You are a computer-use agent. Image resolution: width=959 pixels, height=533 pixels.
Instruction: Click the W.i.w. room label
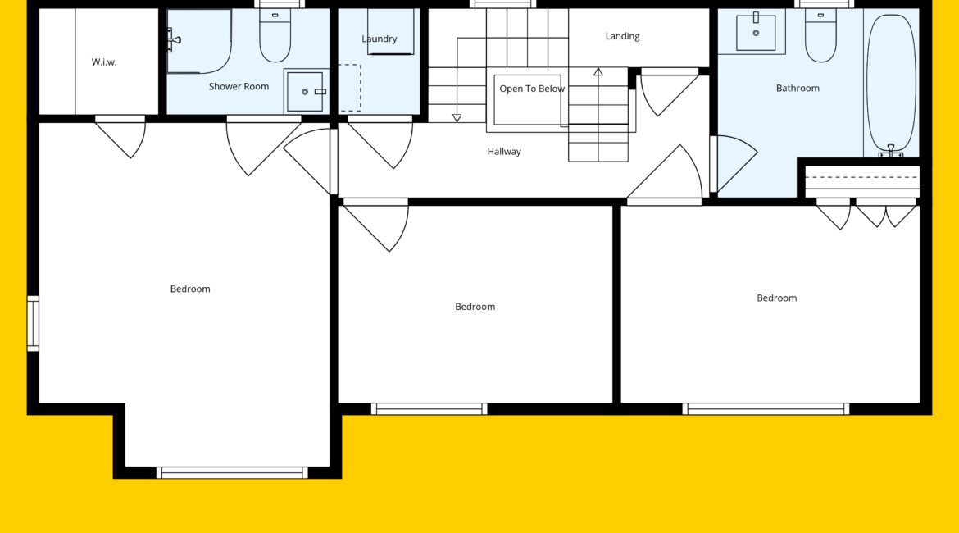click(104, 61)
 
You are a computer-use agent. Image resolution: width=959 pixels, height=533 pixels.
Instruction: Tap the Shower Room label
click(239, 86)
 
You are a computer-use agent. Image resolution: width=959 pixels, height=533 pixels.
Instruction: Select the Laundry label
click(380, 39)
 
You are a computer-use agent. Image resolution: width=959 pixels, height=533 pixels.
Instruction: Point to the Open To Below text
click(531, 89)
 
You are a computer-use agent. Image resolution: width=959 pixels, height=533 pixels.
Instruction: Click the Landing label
click(623, 36)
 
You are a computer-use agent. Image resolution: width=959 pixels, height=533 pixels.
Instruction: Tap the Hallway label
click(504, 151)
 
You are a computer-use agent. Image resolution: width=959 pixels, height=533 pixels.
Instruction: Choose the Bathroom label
click(798, 88)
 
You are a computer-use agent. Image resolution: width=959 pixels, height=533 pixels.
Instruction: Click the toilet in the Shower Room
click(275, 35)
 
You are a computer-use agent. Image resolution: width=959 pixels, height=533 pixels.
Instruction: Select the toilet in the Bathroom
click(820, 35)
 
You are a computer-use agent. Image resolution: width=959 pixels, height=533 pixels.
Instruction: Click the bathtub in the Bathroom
click(891, 83)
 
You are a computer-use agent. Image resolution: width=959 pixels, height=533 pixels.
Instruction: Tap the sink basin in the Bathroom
click(756, 31)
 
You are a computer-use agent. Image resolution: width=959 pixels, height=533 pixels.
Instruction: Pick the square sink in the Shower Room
click(305, 91)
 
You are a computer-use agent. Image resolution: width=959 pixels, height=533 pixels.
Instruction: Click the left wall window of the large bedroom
click(33, 324)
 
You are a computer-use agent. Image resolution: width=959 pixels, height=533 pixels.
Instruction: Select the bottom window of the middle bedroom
click(430, 409)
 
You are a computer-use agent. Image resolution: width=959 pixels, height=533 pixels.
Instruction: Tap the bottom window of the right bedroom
click(766, 409)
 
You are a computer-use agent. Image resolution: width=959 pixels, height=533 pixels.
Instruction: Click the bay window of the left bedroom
click(232, 472)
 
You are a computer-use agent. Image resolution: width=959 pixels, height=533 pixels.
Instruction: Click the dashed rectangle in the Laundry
click(350, 88)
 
